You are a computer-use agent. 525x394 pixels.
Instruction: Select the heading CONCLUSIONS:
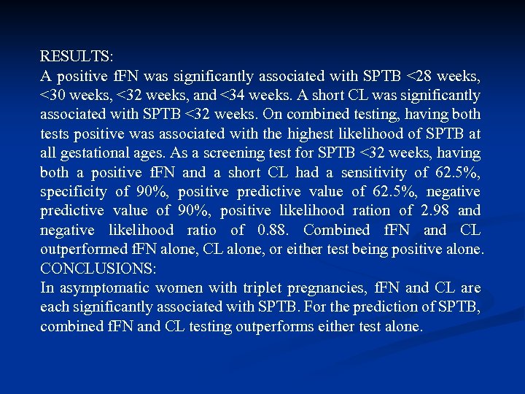pyautogui.click(x=98, y=269)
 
